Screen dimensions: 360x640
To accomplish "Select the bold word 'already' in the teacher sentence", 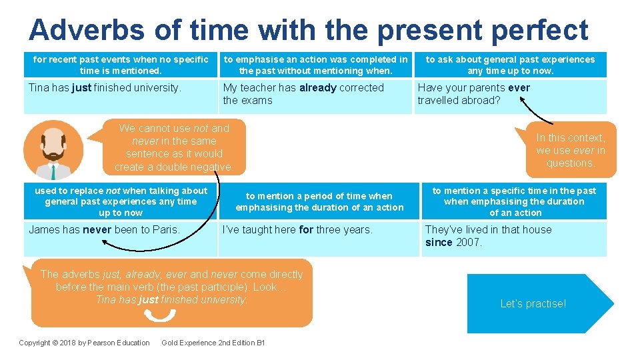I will [318, 87].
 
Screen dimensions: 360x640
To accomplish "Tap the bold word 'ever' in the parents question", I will [519, 87].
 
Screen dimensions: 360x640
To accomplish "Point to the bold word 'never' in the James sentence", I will [97, 229].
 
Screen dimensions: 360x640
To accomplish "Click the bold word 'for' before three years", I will [306, 229].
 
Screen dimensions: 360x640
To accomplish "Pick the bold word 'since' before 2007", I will [439, 242].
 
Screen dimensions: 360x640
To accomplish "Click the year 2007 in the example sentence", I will [469, 242].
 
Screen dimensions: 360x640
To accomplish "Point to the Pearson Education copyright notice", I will [84, 343].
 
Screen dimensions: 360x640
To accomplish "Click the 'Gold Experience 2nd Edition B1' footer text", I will [213, 343].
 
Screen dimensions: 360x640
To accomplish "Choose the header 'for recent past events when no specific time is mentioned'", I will [121, 65].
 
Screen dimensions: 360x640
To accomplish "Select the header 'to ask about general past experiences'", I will [511, 65].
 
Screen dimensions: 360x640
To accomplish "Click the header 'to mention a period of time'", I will [319, 201].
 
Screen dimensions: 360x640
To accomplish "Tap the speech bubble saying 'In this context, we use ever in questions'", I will [571, 150].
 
